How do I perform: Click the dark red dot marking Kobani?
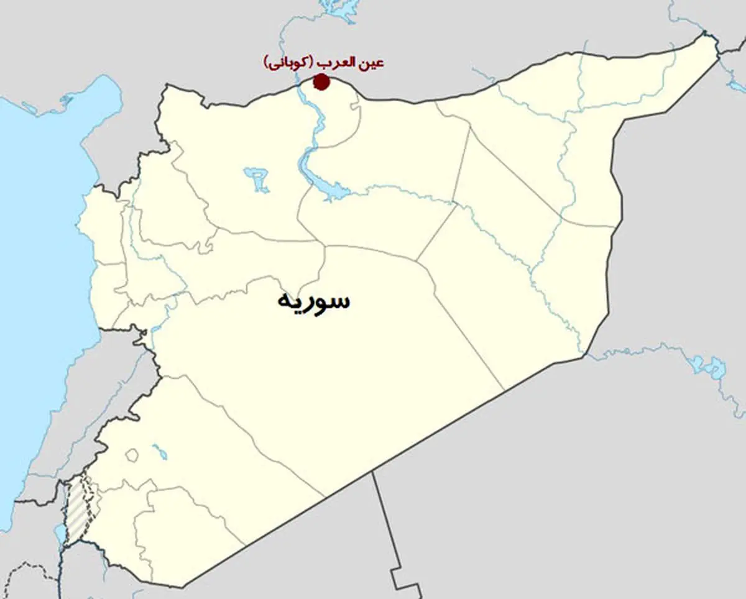click(x=321, y=81)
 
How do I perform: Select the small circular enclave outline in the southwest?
click(x=132, y=455)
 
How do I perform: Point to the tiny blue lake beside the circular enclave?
click(x=159, y=452)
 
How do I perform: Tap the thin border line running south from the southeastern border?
click(x=382, y=522)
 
